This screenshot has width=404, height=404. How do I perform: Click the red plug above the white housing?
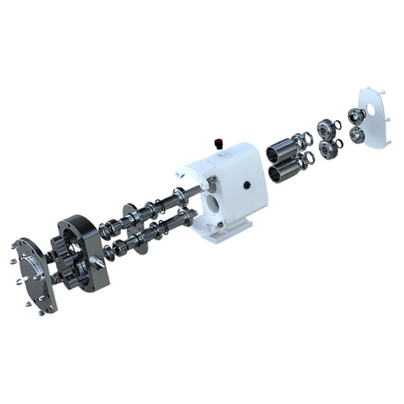(x=220, y=142)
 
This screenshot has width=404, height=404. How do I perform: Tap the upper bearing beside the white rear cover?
(x=357, y=116)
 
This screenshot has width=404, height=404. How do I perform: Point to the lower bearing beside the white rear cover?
(x=357, y=134)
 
